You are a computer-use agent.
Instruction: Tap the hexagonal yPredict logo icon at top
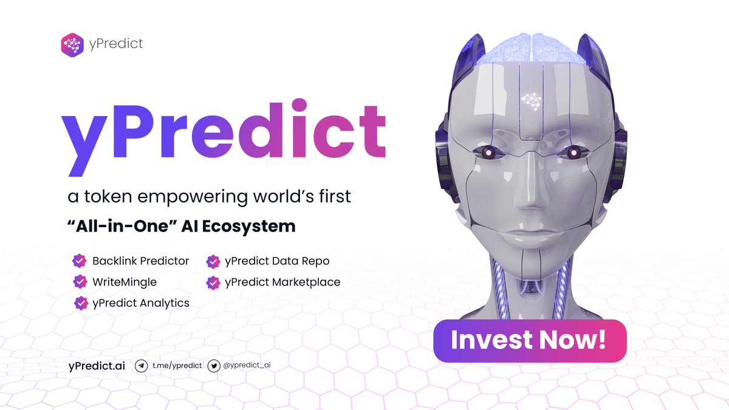click(72, 44)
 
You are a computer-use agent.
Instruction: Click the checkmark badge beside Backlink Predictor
click(79, 261)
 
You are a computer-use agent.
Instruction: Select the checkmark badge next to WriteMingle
click(79, 282)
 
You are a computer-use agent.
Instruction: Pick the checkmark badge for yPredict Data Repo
click(213, 261)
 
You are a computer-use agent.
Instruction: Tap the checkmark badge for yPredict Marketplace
click(213, 282)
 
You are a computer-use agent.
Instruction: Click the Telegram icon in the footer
click(141, 366)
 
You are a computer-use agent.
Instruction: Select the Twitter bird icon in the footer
click(214, 366)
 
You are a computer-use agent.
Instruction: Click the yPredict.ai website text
click(97, 366)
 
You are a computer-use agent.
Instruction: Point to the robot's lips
click(527, 231)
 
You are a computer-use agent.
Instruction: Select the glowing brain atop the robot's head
click(530, 46)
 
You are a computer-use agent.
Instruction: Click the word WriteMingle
click(125, 282)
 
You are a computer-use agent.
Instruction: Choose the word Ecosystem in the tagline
click(255, 227)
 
